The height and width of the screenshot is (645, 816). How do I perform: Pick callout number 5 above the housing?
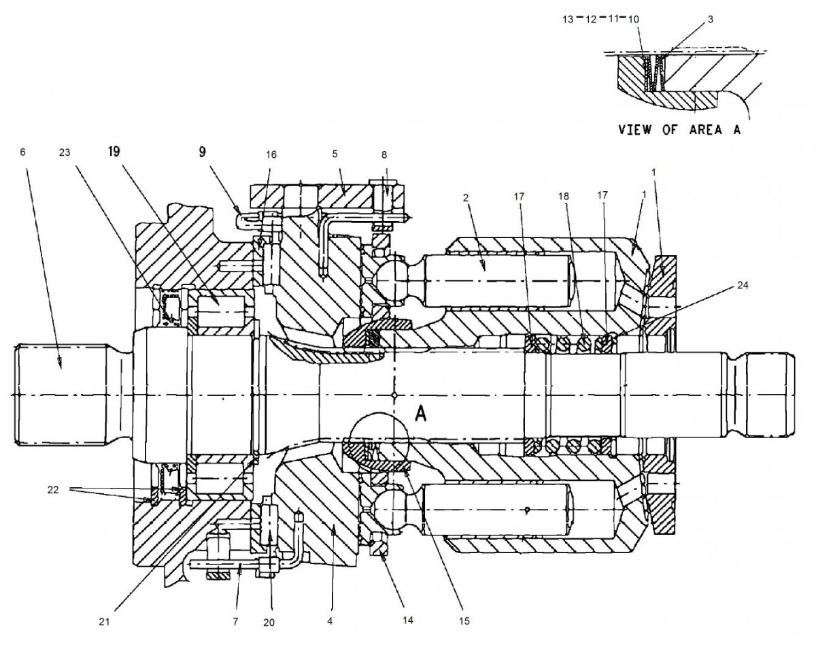[x=335, y=154]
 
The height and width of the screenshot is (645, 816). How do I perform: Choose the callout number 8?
[x=386, y=154]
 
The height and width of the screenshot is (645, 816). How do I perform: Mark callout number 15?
[x=464, y=621]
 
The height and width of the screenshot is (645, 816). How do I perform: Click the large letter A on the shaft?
[x=420, y=416]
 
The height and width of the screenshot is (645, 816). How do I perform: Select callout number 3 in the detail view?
[x=710, y=19]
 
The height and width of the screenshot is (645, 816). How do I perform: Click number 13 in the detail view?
[x=568, y=20]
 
